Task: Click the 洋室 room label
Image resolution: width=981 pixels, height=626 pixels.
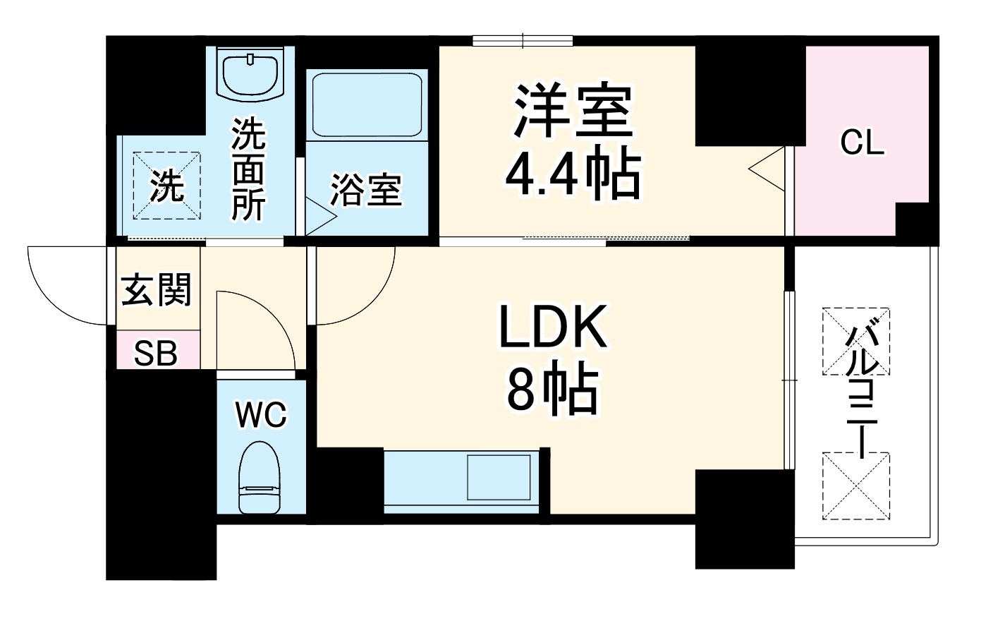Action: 573,112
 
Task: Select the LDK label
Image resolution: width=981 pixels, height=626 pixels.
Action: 553,328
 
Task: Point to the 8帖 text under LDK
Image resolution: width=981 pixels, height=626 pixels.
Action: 553,390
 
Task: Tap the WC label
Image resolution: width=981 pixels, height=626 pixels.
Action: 261,414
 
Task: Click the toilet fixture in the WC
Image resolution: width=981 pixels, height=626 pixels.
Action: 260,477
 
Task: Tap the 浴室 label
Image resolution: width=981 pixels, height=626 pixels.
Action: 366,189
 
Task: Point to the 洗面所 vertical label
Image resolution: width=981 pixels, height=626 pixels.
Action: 249,169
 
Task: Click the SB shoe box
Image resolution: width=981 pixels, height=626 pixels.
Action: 157,353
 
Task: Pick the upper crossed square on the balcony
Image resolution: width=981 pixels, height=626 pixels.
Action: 855,342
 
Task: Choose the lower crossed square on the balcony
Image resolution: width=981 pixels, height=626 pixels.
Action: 855,486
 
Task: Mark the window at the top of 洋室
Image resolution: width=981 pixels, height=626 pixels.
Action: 523,41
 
